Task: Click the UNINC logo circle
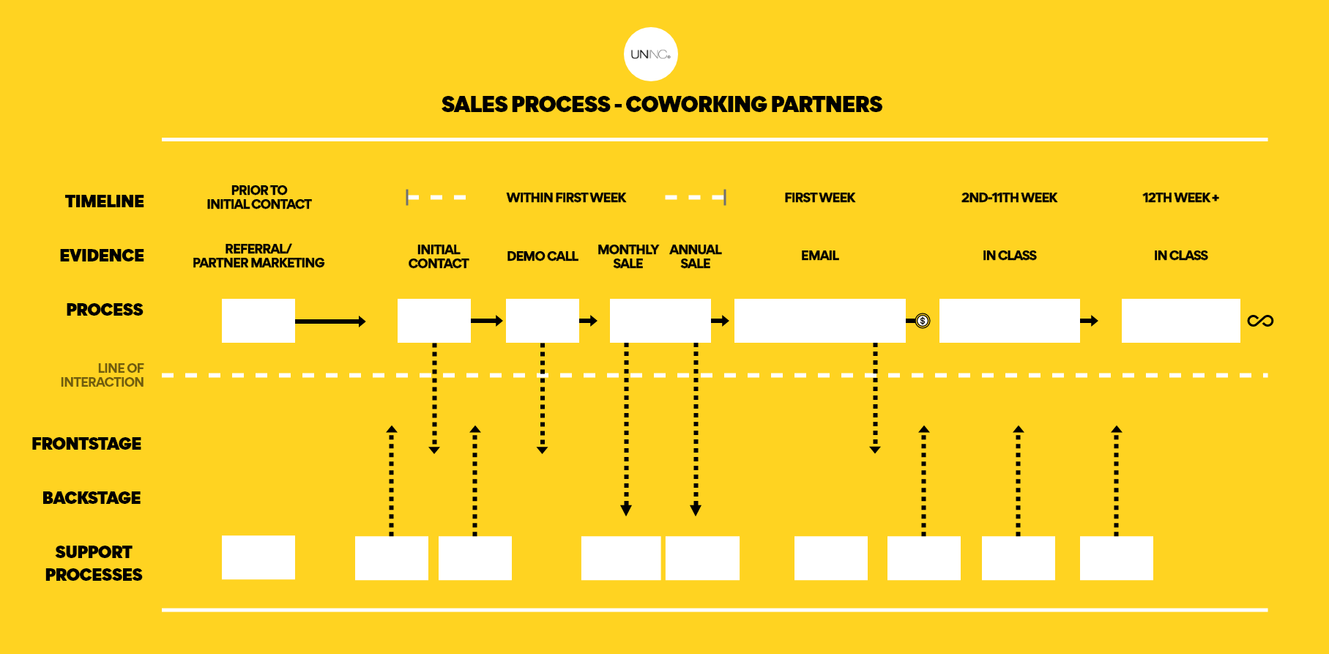tap(651, 54)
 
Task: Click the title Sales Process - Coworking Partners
tap(662, 105)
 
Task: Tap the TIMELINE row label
tap(105, 201)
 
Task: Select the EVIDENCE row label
tap(102, 256)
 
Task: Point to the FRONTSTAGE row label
tap(86, 444)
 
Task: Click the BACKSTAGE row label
tap(92, 498)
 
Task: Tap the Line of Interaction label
tap(103, 375)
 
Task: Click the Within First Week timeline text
tap(566, 198)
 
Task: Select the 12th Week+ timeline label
tap(1180, 198)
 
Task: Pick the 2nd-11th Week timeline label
tap(1009, 198)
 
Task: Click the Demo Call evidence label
tap(543, 256)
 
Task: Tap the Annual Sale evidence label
tap(696, 256)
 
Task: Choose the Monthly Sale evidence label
tap(628, 256)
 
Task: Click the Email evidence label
tap(820, 256)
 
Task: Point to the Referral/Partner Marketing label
tap(258, 256)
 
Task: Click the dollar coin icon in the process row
tap(923, 321)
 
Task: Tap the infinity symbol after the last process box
tap(1260, 321)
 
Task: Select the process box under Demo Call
tap(543, 321)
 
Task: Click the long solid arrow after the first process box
tap(330, 322)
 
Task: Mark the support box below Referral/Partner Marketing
tap(258, 557)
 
